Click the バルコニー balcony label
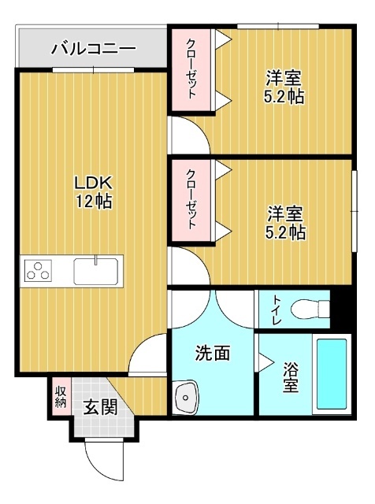pyautogui.click(x=93, y=49)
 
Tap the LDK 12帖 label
pyautogui.click(x=93, y=191)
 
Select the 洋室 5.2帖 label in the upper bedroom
pyautogui.click(x=284, y=87)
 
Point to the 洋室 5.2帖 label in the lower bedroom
pyautogui.click(x=284, y=222)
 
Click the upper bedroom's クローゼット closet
pyautogui.click(x=191, y=69)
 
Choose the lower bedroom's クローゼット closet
pyautogui.click(x=191, y=200)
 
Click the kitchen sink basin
pyautogui.click(x=95, y=272)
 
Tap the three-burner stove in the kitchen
pyautogui.click(x=38, y=272)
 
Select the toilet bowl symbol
pyautogui.click(x=308, y=309)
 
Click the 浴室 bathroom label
pyautogui.click(x=291, y=377)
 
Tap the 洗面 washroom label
pyautogui.click(x=212, y=354)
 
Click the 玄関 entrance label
pyautogui.click(x=101, y=407)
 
